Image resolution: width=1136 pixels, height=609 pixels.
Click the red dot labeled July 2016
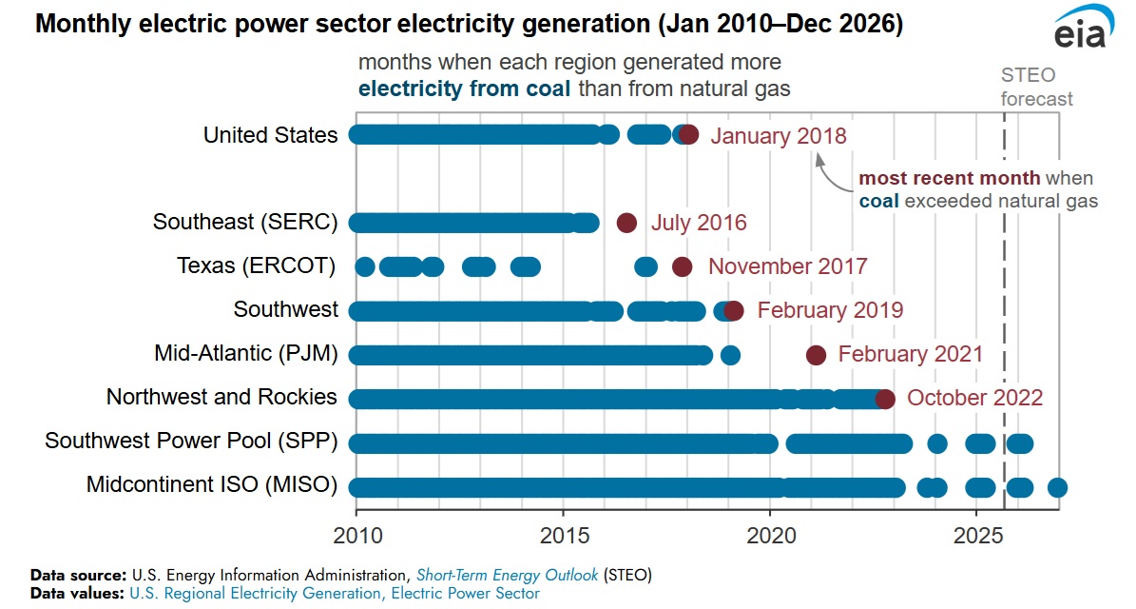pyautogui.click(x=626, y=223)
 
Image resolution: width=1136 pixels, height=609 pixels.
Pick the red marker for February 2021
pyautogui.click(x=816, y=355)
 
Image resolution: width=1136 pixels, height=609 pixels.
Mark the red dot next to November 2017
pyautogui.click(x=682, y=266)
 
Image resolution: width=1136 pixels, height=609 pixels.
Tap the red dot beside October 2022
pyautogui.click(x=885, y=399)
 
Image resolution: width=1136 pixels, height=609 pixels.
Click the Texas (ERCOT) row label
pyautogui.click(x=257, y=266)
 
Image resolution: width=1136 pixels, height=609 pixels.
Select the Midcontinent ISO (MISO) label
pyautogui.click(x=212, y=485)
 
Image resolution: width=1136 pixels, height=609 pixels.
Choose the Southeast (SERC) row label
pyautogui.click(x=245, y=223)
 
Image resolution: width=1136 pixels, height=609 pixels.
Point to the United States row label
pyautogui.click(x=270, y=135)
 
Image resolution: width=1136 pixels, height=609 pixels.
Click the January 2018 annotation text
pyautogui.click(x=778, y=135)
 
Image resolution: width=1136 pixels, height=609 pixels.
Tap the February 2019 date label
pyautogui.click(x=830, y=310)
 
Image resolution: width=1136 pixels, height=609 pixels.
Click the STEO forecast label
pyautogui.click(x=1037, y=87)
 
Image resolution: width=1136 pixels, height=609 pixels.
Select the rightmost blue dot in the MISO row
pyautogui.click(x=1057, y=488)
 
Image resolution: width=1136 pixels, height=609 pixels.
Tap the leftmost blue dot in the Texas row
pyautogui.click(x=364, y=266)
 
